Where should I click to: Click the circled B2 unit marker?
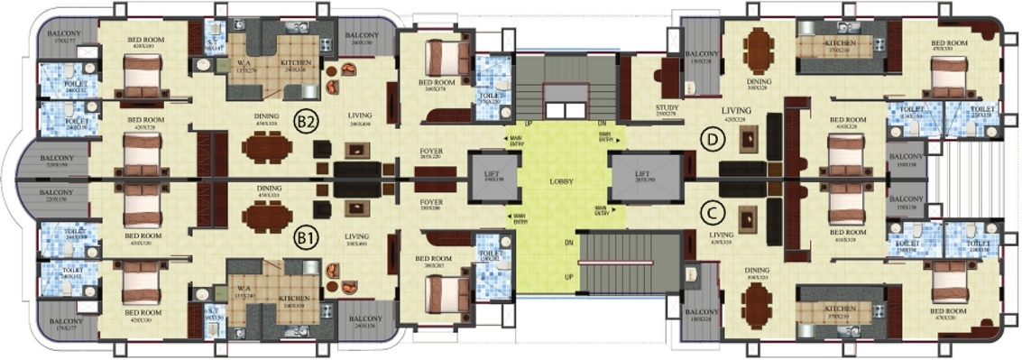[x=306, y=121]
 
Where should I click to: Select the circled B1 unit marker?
[x=306, y=238]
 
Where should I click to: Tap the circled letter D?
[x=714, y=141]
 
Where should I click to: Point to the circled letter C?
[x=714, y=214]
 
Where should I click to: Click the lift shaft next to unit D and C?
[x=641, y=177]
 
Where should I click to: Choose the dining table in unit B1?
[x=268, y=217]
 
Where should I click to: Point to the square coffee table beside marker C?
[x=747, y=217]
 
